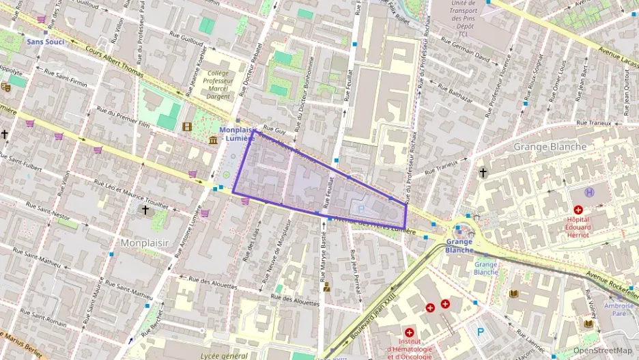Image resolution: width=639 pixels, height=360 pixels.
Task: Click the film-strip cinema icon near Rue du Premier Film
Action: click(x=187, y=126)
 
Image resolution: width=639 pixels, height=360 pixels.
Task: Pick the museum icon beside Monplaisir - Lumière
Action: click(x=213, y=140)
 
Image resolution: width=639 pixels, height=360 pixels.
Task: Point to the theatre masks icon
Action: click(x=5, y=87)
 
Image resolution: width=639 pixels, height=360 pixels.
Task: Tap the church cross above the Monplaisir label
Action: click(x=145, y=210)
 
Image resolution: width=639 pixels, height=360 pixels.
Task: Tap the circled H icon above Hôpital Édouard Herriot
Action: click(x=590, y=193)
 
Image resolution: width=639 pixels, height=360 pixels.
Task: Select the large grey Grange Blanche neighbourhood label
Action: click(x=550, y=147)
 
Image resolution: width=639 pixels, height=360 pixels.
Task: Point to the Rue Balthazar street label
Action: click(x=455, y=94)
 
